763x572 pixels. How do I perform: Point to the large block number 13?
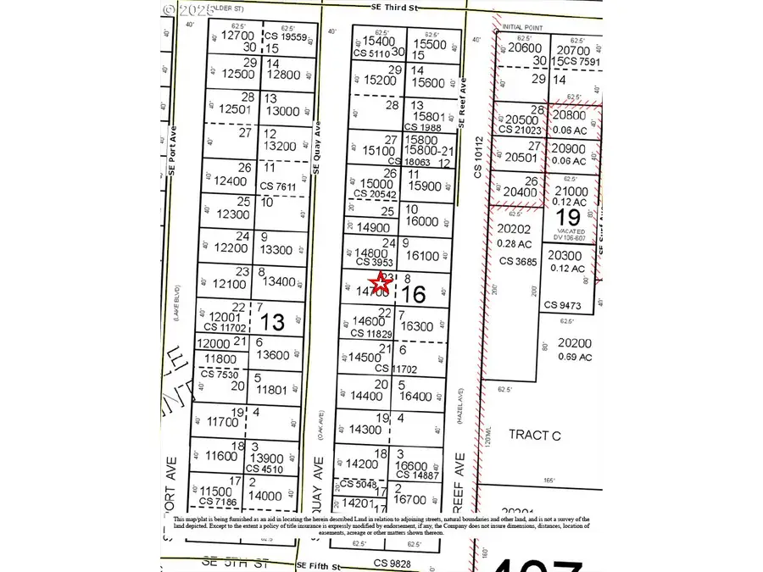[x=272, y=322]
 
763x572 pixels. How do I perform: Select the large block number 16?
[x=414, y=295]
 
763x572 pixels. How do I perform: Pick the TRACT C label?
[x=534, y=434]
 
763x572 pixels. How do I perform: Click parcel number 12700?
[x=237, y=36]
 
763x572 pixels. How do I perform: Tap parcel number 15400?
[x=379, y=42]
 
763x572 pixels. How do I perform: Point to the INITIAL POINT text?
[x=522, y=27]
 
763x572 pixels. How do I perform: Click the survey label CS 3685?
[x=519, y=261]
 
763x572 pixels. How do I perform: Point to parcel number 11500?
[x=215, y=491]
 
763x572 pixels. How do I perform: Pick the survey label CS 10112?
[x=478, y=156]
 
